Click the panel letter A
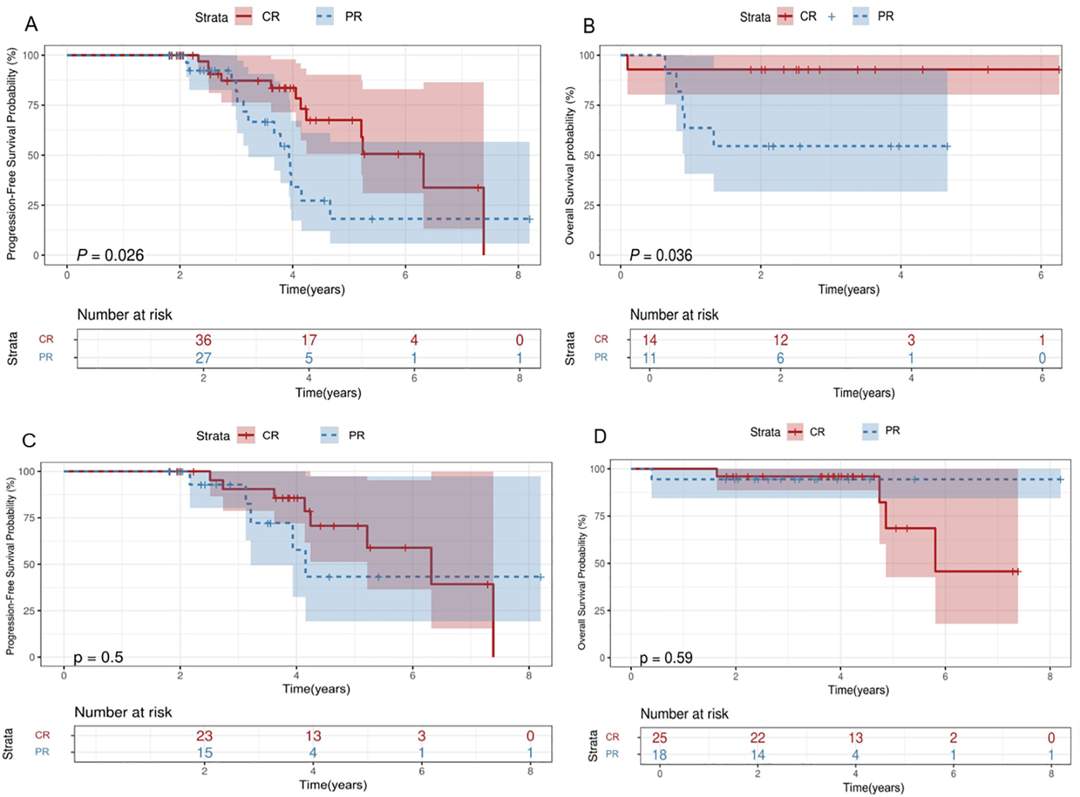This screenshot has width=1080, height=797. point(31,25)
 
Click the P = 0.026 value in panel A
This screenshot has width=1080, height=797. point(110,255)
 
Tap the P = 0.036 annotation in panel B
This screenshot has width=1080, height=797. point(661,255)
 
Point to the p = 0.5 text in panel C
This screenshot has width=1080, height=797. point(98,658)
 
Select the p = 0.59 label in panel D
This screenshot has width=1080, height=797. point(666,658)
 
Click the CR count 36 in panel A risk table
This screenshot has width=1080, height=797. point(203,340)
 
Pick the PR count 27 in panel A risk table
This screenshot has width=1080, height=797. point(203,358)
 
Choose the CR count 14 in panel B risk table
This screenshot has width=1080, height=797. point(649,340)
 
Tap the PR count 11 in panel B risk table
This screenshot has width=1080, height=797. point(649,358)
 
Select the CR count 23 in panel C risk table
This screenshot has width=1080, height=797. point(204,736)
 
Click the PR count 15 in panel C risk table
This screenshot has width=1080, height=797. point(204,752)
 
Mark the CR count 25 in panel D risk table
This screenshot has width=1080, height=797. point(659,738)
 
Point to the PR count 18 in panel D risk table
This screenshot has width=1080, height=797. point(659,755)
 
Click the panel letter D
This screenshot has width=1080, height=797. point(600,436)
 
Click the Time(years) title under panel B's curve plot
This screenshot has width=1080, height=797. point(849,289)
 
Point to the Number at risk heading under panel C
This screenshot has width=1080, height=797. point(123,713)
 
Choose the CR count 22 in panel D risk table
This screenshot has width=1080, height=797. point(757,738)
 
